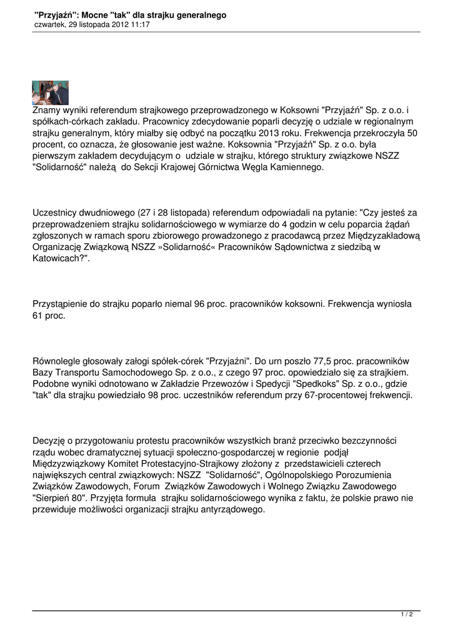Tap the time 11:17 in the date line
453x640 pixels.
141,24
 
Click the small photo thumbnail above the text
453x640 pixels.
50,92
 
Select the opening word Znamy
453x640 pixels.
46,110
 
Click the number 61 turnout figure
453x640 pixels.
38,316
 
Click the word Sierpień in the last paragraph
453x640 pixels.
52,498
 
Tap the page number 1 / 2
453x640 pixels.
406,615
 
